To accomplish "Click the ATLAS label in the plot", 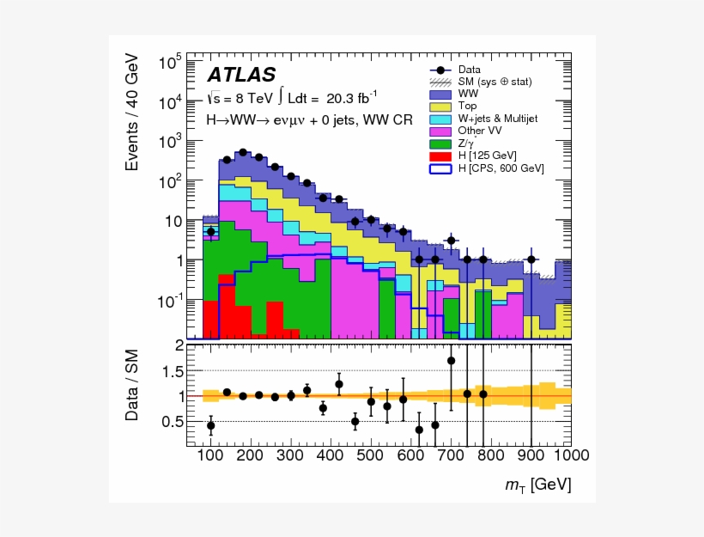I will coord(241,75).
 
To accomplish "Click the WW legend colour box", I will coord(440,94).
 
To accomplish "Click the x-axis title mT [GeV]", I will coord(538,485).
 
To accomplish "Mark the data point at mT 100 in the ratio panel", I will coord(210,425).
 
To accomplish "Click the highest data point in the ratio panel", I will coord(451,361).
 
